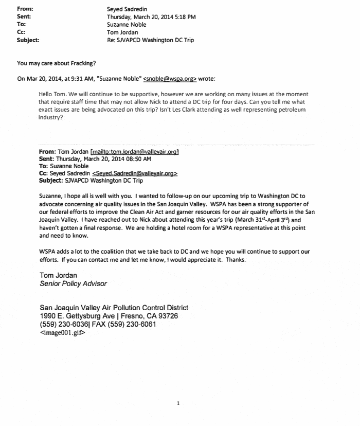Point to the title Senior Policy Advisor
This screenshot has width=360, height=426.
pyautogui.click(x=73, y=283)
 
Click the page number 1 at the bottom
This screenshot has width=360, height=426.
pyautogui.click(x=178, y=404)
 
